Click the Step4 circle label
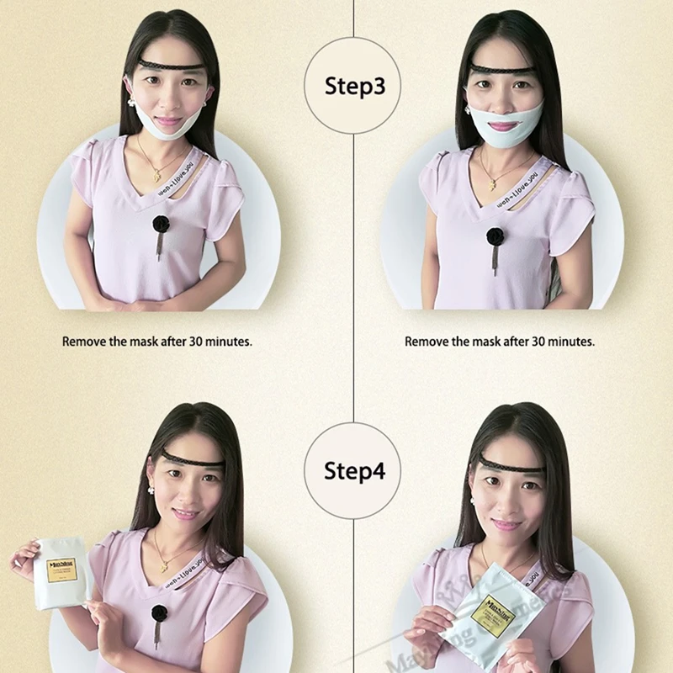354,470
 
